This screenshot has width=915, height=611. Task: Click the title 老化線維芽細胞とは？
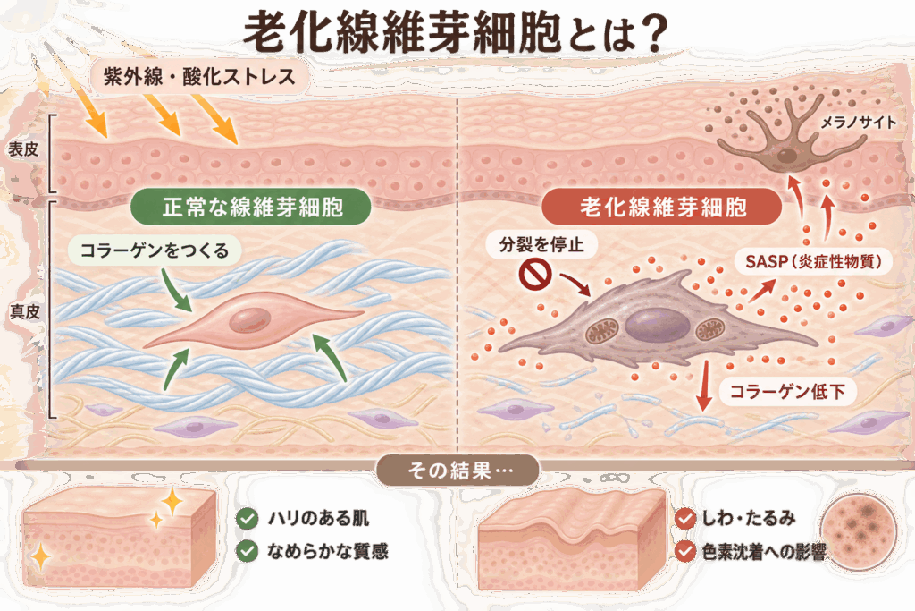[x=455, y=33]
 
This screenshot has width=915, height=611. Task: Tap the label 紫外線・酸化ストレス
[x=199, y=77]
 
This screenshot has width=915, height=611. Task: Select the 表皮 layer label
[x=23, y=149]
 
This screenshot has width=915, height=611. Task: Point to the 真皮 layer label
[x=25, y=312]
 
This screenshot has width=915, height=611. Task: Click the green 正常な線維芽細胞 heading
[x=251, y=208]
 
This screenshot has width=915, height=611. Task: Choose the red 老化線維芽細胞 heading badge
[x=662, y=207]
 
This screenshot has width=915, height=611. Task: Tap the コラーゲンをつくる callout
[x=154, y=250]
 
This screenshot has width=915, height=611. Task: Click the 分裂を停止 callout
[x=541, y=244]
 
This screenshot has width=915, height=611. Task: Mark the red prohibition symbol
[x=535, y=276]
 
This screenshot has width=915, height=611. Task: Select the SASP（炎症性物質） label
[x=814, y=261]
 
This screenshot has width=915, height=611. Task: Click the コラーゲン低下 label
[x=787, y=391]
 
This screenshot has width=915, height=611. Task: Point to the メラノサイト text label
[x=858, y=122]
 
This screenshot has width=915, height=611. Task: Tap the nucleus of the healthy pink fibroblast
[x=250, y=320]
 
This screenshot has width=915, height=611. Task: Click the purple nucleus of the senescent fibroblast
[x=657, y=326]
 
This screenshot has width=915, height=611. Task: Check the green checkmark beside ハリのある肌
[x=248, y=519]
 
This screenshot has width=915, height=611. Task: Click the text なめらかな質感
[x=327, y=551]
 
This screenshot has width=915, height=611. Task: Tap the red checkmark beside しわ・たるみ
[x=685, y=518]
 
